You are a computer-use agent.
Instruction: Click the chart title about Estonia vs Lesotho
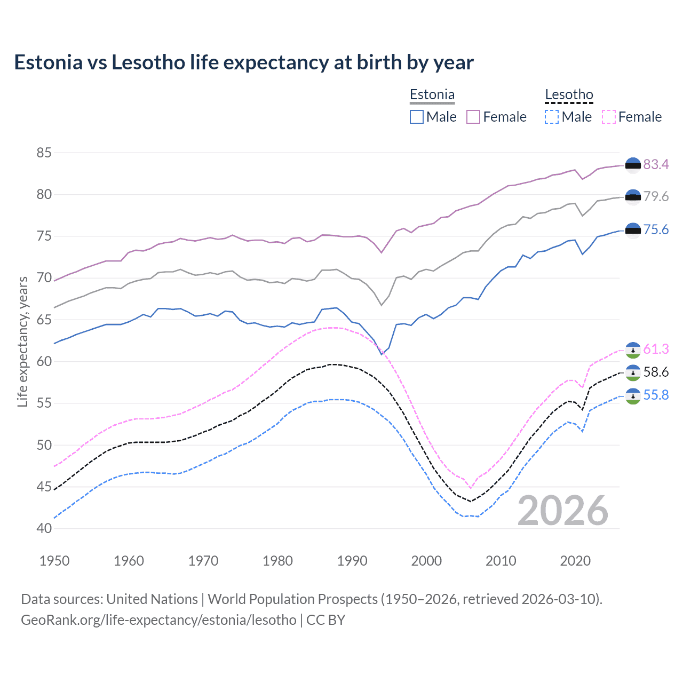click(x=243, y=62)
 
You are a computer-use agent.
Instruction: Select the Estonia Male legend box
click(x=417, y=117)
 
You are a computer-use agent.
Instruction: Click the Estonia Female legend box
click(x=473, y=117)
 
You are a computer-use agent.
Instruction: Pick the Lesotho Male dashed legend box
click(x=552, y=117)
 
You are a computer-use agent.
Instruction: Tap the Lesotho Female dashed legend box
click(x=608, y=117)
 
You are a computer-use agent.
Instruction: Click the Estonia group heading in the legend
click(x=432, y=95)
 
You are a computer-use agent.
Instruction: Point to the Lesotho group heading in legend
click(x=569, y=95)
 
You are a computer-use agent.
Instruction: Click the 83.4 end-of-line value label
click(x=656, y=164)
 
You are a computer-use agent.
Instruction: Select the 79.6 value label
click(x=656, y=196)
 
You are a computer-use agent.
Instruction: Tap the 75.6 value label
click(x=656, y=229)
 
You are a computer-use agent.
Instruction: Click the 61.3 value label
click(x=656, y=349)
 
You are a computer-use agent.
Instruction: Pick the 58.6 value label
click(x=656, y=372)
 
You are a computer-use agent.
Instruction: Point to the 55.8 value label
click(x=656, y=395)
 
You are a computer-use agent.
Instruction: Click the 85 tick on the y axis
click(x=44, y=153)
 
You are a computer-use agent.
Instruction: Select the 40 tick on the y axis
click(x=44, y=528)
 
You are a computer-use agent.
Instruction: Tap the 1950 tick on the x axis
click(x=54, y=561)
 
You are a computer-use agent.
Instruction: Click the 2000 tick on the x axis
click(x=426, y=561)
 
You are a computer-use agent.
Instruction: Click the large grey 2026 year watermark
click(x=563, y=511)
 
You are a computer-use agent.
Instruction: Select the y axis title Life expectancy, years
click(x=22, y=341)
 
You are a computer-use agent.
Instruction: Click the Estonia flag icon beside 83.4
click(x=633, y=165)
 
